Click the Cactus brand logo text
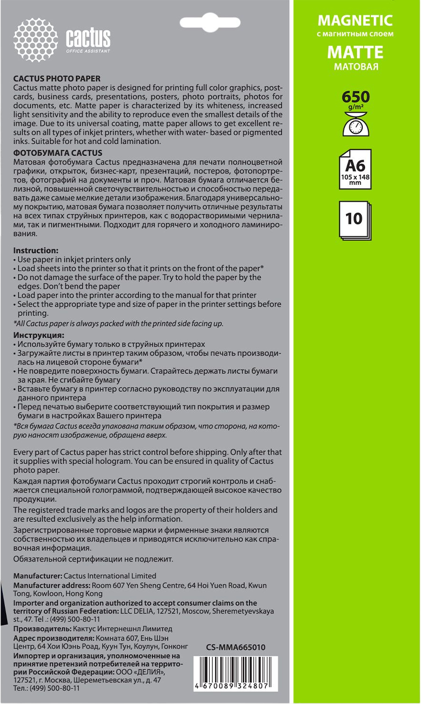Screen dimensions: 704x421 (x=88, y=38)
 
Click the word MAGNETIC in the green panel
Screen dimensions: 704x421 (x=355, y=21)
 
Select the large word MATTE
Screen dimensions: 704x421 (x=356, y=52)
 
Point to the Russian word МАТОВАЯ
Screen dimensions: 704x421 (x=356, y=67)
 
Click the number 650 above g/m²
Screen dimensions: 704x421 (x=356, y=97)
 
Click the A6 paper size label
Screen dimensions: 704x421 (x=355, y=165)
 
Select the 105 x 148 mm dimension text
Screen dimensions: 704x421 (x=355, y=180)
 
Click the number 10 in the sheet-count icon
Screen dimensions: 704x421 (x=354, y=218)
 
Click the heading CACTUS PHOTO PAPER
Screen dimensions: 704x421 (x=57, y=79)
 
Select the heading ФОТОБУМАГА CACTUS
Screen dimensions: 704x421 (x=58, y=153)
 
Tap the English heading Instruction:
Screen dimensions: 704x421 (x=36, y=250)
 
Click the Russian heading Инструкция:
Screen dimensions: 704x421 (x=39, y=335)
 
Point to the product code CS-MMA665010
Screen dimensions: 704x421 (x=236, y=647)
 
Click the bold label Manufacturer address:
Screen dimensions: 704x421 (x=52, y=585)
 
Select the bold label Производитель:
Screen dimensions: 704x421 (x=42, y=629)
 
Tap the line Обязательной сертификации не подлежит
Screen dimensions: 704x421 (x=93, y=559)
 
